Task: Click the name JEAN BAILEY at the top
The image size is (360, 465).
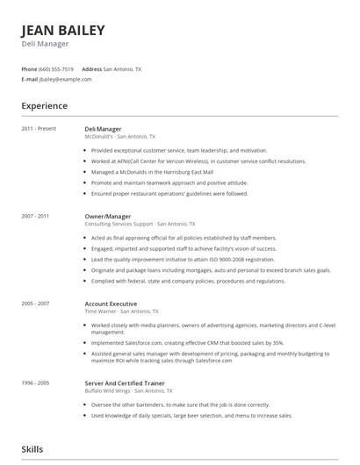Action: coord(63,30)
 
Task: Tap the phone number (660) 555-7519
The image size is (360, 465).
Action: coord(56,68)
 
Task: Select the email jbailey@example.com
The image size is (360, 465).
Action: coord(66,79)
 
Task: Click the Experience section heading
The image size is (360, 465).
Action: coord(45,106)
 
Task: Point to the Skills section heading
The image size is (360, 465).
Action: coord(32,449)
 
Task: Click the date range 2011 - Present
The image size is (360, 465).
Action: coord(39,129)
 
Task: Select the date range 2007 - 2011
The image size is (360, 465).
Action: coord(36,216)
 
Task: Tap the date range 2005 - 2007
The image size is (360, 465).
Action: coord(36,303)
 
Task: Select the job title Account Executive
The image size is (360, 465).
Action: coord(110,303)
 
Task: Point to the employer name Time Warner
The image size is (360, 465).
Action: coord(99,311)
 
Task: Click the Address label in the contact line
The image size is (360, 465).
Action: coord(91,68)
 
